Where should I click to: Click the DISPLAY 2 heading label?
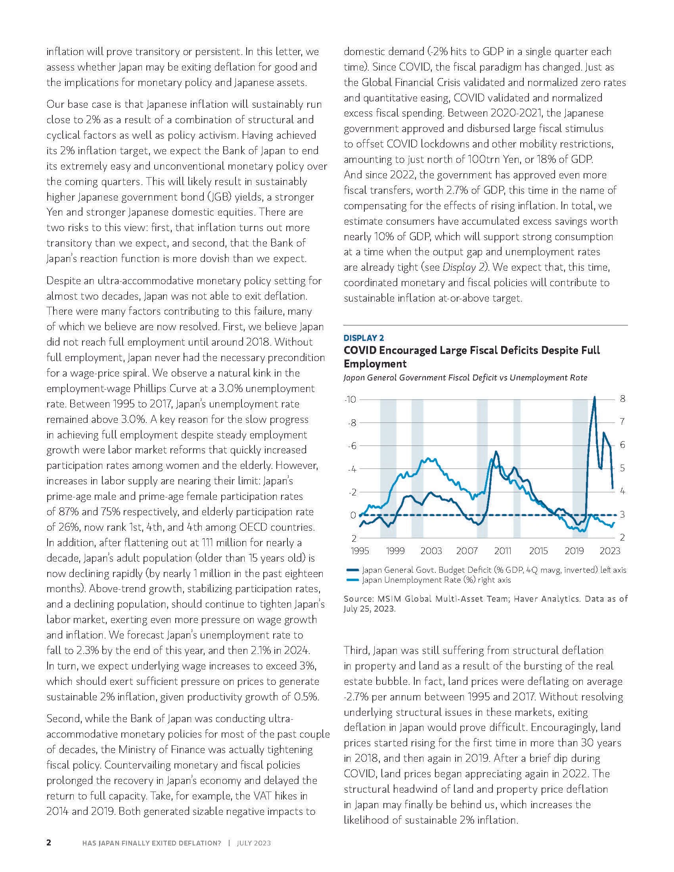[x=364, y=338]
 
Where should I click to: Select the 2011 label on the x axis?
[x=503, y=551]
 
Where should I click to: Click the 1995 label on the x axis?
[x=360, y=551]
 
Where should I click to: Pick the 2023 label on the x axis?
[x=610, y=551]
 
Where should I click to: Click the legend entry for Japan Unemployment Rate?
[x=436, y=580]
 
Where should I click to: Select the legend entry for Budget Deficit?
[x=494, y=570]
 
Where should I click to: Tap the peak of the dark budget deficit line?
[x=595, y=397]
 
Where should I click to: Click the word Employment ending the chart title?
[x=375, y=364]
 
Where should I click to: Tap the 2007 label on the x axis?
[x=467, y=551]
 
